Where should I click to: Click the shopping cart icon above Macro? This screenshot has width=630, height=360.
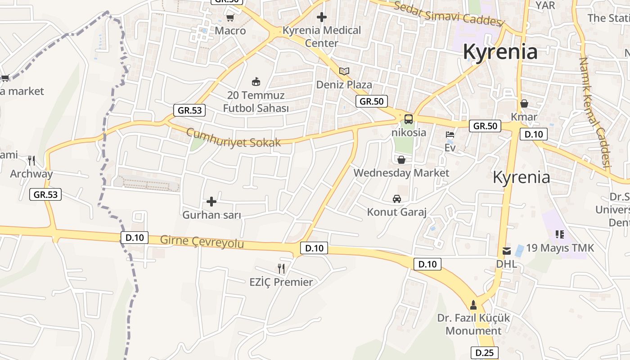[230, 18]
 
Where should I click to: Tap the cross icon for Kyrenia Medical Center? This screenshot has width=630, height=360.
[322, 17]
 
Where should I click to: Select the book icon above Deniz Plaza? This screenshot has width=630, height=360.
[344, 71]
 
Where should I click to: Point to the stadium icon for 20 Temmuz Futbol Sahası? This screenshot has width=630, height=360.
[256, 81]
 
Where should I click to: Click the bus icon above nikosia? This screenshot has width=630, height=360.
[409, 119]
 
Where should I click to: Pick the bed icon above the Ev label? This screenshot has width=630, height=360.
[450, 134]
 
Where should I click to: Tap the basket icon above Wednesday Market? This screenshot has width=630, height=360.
[401, 160]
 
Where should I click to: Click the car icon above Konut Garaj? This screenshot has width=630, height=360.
[397, 198]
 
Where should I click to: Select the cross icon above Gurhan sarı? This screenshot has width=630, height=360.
[211, 202]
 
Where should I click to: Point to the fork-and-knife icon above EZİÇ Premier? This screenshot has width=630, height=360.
[281, 269]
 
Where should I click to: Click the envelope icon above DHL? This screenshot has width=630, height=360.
[507, 251]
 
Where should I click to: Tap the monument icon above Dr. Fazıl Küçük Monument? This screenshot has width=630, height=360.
[473, 305]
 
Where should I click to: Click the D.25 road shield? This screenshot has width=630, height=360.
[484, 353]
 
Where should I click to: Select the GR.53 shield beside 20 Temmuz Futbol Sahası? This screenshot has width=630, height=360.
[189, 110]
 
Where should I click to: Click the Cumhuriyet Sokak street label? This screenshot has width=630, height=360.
[233, 138]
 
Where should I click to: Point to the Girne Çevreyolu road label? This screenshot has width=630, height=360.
[202, 242]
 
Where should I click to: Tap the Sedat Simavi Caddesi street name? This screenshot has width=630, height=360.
[447, 13]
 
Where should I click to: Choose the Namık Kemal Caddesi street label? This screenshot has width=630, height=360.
[594, 112]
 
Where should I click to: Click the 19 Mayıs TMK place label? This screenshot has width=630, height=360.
[560, 248]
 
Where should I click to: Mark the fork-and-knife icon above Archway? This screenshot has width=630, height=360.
[31, 160]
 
